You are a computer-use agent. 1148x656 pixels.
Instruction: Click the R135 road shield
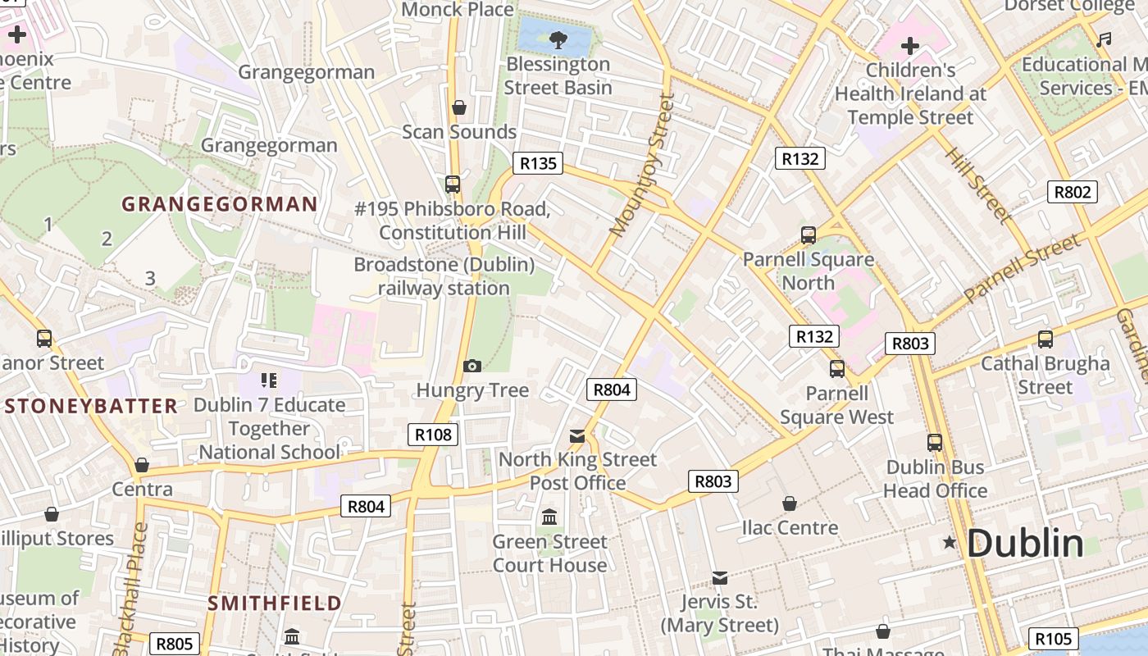[538, 163]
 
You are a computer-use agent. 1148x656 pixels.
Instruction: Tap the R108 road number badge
[433, 435]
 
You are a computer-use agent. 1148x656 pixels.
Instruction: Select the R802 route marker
[1073, 192]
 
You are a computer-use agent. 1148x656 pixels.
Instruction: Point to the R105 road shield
[1053, 639]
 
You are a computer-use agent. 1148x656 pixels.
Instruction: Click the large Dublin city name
[1025, 544]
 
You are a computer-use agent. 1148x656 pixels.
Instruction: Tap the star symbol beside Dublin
[950, 542]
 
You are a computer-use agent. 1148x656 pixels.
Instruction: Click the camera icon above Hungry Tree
[471, 366]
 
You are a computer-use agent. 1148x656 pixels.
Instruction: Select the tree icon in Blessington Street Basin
[558, 38]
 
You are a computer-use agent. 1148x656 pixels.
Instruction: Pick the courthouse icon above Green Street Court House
[549, 517]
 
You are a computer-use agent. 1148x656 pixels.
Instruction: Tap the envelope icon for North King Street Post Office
[577, 436]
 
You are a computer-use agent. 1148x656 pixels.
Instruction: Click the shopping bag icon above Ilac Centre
[790, 503]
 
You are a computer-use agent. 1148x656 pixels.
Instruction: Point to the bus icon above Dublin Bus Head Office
[935, 443]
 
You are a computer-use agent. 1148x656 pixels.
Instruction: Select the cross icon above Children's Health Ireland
[910, 46]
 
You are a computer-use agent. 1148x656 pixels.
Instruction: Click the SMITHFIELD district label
[274, 604]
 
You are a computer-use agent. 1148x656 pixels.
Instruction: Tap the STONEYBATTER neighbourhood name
[91, 406]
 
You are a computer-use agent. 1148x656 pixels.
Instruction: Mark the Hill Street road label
[977, 184]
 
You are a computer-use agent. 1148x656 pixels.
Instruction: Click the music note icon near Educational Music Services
[1105, 39]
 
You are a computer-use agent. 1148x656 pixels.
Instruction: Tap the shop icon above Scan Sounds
[459, 107]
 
